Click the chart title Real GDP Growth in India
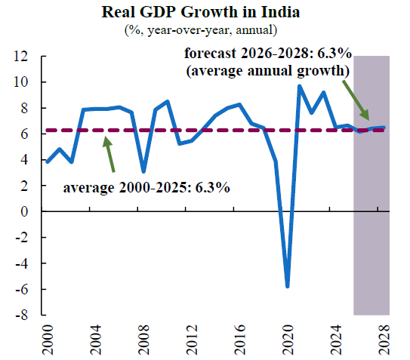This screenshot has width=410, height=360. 201,12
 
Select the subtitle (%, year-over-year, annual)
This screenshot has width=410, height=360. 201,30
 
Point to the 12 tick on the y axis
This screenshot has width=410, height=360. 20,56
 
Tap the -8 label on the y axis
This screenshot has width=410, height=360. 21,315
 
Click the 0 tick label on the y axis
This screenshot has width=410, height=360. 24,211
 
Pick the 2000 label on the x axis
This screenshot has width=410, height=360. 48,340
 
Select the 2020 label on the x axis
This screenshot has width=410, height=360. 288,340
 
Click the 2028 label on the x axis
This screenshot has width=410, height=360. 384,340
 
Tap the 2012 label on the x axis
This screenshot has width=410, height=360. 192,340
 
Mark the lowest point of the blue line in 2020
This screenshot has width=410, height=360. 288,287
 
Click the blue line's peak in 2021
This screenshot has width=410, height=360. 300,86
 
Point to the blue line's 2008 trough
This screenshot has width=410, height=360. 143,172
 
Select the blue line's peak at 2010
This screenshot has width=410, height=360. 168,101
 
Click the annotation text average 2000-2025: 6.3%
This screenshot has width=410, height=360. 146,187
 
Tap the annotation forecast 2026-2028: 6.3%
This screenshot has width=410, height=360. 268,54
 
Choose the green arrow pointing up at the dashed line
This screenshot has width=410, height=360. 109,154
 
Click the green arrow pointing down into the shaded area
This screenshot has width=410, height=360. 356,100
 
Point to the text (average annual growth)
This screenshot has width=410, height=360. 268,71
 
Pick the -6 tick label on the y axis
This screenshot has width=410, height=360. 21,289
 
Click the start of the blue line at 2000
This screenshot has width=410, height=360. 48,162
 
